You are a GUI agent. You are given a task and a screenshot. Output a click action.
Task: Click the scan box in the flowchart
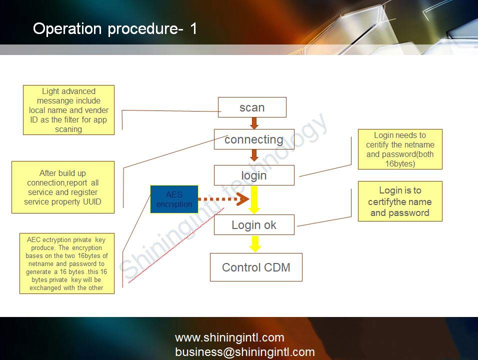click(x=252, y=107)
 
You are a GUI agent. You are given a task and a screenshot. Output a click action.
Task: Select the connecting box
click(x=254, y=139)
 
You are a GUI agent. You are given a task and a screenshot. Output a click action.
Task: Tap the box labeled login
click(x=254, y=175)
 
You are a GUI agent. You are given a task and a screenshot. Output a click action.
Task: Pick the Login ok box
click(x=254, y=225)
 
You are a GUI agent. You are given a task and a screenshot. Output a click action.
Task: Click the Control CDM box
click(x=256, y=267)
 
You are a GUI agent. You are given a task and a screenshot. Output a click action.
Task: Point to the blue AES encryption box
click(x=174, y=199)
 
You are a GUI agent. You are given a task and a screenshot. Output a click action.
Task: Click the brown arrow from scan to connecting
click(x=254, y=123)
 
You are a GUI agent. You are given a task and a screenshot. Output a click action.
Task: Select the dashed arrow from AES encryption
click(x=220, y=199)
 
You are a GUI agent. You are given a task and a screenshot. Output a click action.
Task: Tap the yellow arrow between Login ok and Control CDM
click(x=255, y=243)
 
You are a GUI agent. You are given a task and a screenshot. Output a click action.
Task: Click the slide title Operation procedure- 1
click(x=115, y=28)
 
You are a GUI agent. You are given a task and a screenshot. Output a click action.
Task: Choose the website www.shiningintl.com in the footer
click(x=229, y=337)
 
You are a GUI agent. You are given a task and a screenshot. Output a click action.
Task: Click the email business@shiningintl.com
click(x=244, y=351)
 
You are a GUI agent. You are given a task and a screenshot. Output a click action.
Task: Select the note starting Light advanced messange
click(x=68, y=110)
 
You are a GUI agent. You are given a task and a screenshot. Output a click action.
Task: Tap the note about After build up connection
click(x=62, y=187)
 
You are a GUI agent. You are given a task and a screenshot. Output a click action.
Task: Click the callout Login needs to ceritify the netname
click(x=400, y=149)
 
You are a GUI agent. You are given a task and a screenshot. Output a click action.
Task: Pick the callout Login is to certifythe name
click(x=400, y=201)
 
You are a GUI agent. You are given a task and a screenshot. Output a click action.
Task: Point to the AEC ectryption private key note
click(x=66, y=263)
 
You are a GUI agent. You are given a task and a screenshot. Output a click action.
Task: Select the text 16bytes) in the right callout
click(x=400, y=163)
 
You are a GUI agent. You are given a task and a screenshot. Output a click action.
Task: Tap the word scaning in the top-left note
click(x=68, y=129)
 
